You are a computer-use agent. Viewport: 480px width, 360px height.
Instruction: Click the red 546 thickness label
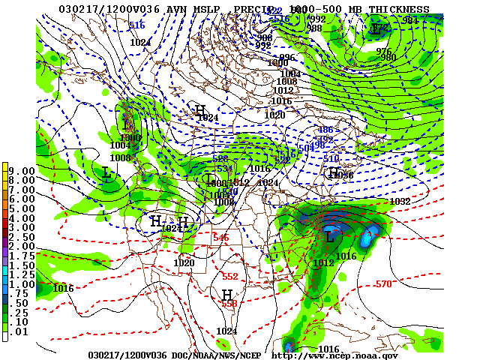coord(220,238)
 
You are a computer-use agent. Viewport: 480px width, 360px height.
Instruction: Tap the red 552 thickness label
coord(229,276)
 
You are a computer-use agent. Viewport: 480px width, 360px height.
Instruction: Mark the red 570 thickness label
coord(383,284)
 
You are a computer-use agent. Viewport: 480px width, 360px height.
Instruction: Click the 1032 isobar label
coord(400,202)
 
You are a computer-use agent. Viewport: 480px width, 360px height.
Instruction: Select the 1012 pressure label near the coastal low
coord(324,262)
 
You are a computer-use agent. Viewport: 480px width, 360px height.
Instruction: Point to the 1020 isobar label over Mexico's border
coord(184,262)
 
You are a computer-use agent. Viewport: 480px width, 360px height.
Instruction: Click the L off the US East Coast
coord(329,237)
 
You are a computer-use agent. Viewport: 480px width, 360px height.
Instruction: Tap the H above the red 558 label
coord(226,295)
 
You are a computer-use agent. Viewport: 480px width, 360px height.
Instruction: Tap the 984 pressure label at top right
coord(409,20)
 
